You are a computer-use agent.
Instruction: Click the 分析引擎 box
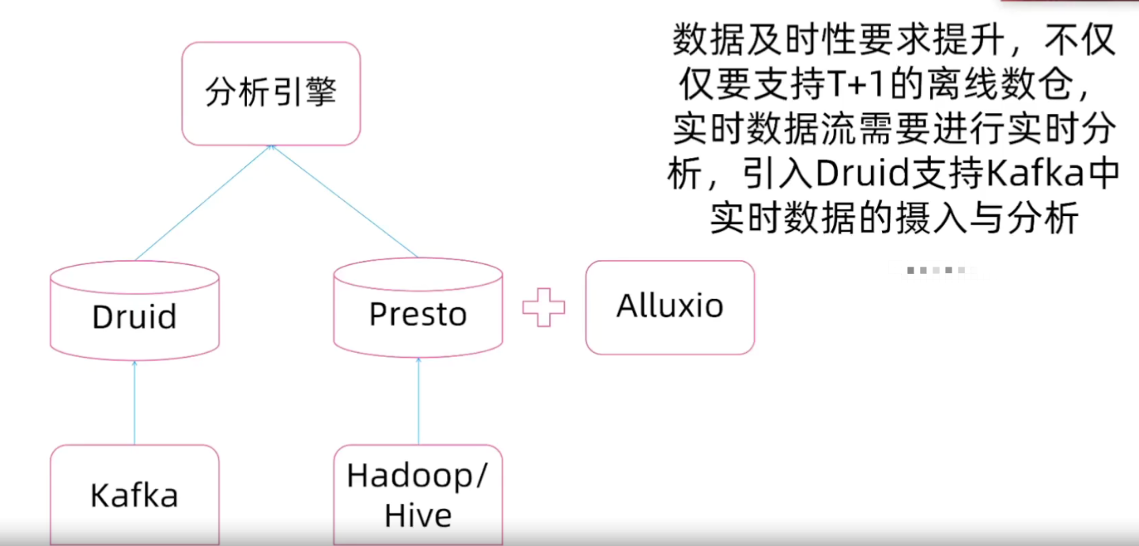271,93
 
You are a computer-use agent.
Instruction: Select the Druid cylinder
134,315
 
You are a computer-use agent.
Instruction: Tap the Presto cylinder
418,313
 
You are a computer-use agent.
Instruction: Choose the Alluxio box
670,307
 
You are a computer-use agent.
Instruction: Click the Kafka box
134,495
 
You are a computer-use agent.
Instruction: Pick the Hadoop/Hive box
418,495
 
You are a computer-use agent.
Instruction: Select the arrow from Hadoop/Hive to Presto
418,402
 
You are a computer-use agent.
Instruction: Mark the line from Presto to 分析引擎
344,202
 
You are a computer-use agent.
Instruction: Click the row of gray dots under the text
937,271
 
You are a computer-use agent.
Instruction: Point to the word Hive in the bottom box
418,516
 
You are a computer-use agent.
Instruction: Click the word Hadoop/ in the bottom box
418,476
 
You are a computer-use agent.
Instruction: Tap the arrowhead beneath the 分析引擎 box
271,149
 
